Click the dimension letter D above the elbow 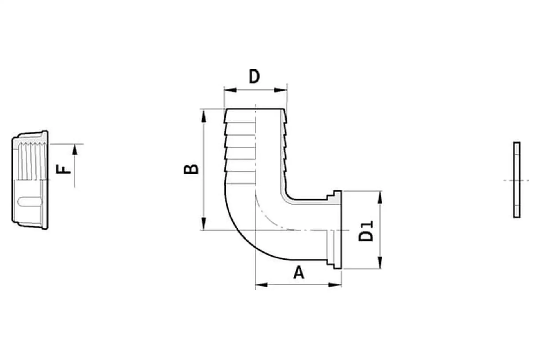point(254,77)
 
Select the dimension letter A point(299,273)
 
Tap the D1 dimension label point(366,231)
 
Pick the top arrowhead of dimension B point(203,116)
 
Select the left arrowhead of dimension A point(261,285)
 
